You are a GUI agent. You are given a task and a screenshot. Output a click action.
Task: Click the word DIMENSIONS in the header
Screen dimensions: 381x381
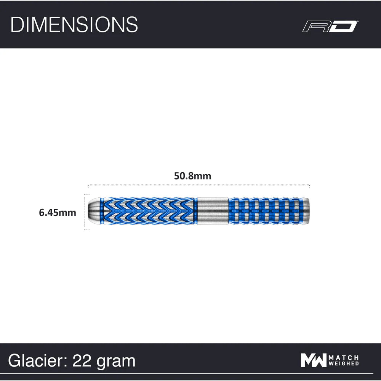click(x=74, y=24)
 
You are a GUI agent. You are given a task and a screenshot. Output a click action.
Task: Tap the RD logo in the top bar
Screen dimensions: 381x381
click(x=330, y=26)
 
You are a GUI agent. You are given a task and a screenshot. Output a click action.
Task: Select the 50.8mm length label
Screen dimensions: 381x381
click(x=192, y=176)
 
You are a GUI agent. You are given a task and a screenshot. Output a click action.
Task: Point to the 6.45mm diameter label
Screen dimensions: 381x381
click(x=58, y=213)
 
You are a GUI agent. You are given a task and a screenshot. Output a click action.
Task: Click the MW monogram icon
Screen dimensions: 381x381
click(x=313, y=360)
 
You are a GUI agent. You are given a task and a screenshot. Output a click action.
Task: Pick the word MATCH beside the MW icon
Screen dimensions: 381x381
click(x=344, y=357)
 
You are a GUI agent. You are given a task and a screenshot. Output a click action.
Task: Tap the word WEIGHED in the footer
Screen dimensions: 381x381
click(x=344, y=364)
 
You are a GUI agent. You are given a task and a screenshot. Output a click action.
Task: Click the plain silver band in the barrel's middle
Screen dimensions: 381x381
click(x=213, y=211)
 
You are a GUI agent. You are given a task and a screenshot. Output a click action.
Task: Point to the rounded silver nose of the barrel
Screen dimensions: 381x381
click(x=93, y=211)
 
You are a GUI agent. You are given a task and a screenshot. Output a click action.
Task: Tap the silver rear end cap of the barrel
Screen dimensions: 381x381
click(x=306, y=211)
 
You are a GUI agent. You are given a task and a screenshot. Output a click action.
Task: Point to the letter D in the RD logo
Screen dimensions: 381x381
click(x=345, y=26)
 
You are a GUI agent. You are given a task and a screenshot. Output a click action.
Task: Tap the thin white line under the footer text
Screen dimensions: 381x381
click(x=190, y=374)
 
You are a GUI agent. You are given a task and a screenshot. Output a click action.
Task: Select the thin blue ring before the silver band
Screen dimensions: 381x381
click(x=195, y=211)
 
